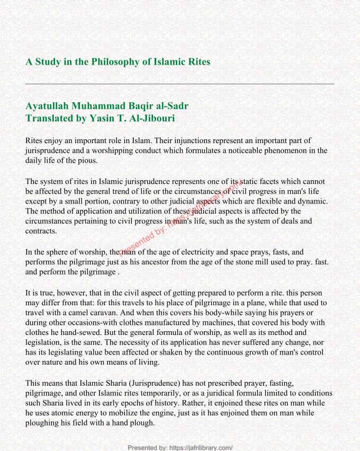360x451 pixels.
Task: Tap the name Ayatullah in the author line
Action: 48,106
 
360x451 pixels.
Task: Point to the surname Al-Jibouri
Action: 145,118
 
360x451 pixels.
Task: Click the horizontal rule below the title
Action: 180,84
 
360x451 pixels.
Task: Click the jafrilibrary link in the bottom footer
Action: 202,447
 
